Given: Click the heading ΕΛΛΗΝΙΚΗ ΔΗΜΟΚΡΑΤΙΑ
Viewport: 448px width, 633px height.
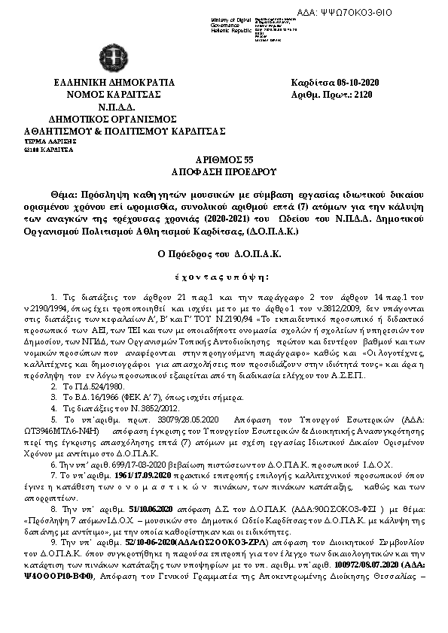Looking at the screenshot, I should click(113, 82).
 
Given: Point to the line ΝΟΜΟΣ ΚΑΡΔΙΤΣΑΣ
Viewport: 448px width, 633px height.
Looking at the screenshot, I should click(113, 94).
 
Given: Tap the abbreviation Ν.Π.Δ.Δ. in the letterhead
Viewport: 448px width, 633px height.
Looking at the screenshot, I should click(112, 107).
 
